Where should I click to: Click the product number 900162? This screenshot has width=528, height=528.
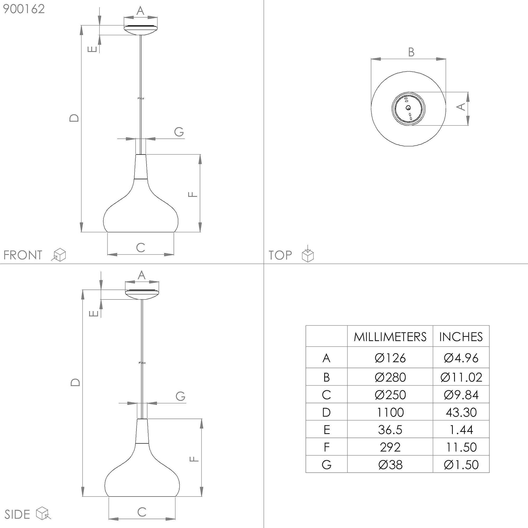24,9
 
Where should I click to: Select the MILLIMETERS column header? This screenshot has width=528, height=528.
390,337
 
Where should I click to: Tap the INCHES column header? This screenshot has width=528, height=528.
461,337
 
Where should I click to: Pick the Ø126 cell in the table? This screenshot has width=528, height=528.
390,358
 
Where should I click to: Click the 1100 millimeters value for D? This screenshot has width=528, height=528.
390,412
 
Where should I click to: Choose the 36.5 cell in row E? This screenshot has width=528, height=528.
390,430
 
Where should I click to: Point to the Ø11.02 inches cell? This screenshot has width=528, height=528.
461,378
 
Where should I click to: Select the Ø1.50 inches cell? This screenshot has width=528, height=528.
461,465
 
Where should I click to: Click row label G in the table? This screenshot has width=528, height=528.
327,465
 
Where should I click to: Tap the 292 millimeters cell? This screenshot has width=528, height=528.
390,447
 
